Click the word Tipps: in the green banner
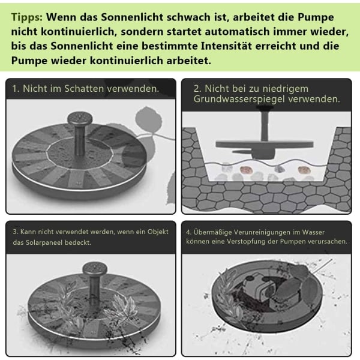click(27, 17)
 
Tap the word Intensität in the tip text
click(226, 46)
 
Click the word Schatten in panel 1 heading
click(84, 89)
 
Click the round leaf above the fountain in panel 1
click(148, 120)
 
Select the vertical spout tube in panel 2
click(265, 126)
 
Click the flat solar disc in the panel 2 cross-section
click(264, 145)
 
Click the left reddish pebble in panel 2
click(245, 170)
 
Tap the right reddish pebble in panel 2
click(304, 170)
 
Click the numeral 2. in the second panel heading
click(197, 89)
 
